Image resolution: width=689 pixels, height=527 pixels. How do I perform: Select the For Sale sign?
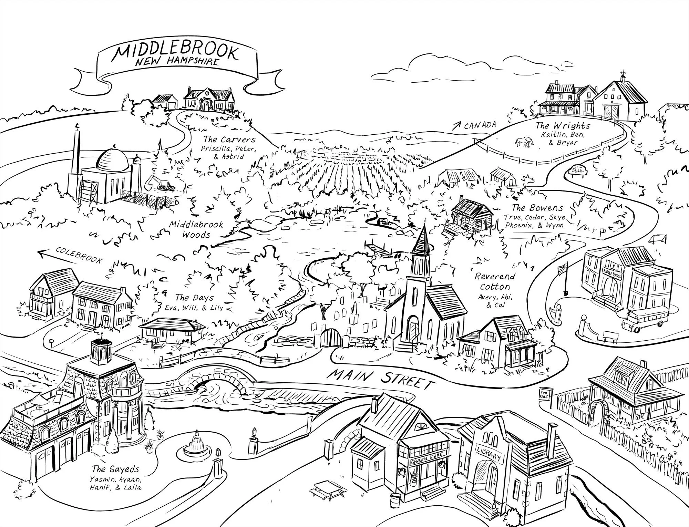coord(545,394)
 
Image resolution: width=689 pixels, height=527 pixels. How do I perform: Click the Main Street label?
coord(379,376)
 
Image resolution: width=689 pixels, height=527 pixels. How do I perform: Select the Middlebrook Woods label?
coord(196,229)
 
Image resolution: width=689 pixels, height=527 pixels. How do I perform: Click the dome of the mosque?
coord(111,159)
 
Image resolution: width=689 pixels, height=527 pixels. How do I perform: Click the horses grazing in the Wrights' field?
coord(524,142)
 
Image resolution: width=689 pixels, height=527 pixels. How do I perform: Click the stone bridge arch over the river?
coord(216,381)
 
